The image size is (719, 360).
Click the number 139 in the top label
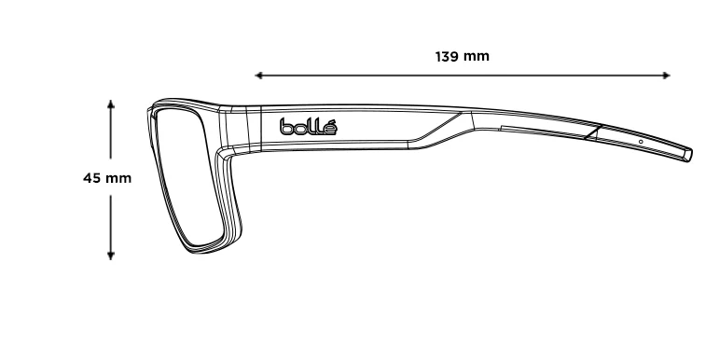click(447, 56)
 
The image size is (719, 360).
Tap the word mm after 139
click(476, 57)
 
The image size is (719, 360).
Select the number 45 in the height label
click(91, 178)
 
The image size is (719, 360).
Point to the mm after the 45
click(118, 179)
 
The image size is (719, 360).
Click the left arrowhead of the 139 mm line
click(258, 76)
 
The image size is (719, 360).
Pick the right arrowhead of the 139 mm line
click(667, 76)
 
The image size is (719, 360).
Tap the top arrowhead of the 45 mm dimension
click(111, 104)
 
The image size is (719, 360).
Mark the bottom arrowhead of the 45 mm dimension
click(111, 256)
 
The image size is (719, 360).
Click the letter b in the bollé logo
click(285, 127)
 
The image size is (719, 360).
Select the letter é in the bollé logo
click(330, 127)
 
